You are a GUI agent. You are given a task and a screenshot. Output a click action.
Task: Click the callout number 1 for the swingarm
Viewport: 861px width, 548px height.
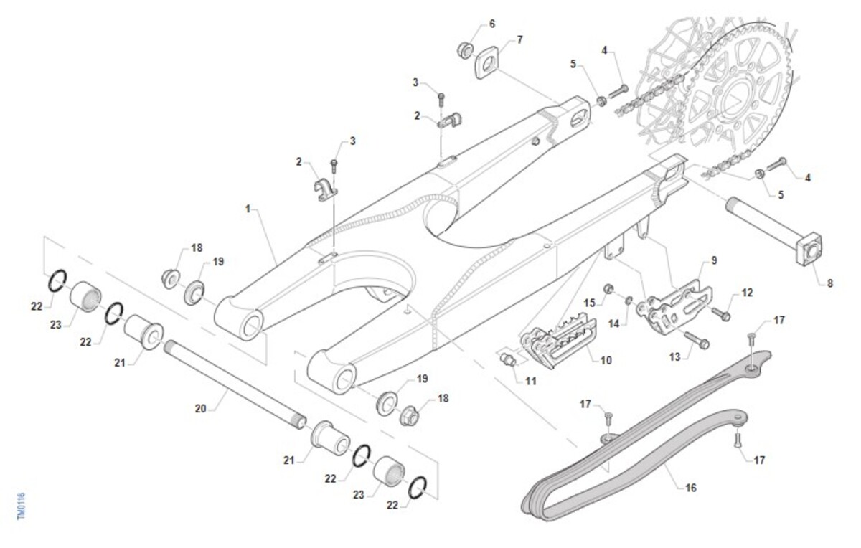pos(248,209)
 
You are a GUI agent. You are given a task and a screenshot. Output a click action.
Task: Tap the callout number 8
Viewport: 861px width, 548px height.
pos(830,283)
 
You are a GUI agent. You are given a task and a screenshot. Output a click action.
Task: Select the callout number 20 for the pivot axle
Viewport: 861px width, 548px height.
pos(201,409)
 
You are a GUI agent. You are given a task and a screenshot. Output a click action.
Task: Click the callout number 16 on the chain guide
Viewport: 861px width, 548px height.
pos(691,488)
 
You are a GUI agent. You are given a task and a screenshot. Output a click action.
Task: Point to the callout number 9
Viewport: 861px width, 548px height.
pos(714,260)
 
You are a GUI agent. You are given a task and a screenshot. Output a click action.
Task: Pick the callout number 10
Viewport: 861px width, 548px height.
pos(606,360)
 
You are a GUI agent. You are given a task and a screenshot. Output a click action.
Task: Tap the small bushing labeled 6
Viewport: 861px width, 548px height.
pos(466,51)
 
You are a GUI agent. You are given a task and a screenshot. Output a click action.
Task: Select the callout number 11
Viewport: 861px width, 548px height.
pos(530,381)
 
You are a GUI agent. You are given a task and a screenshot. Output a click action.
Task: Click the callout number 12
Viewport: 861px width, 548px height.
pos(748,293)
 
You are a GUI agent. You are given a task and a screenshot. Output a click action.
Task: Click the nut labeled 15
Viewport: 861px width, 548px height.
pos(608,290)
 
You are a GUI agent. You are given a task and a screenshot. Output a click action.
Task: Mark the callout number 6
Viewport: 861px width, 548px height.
pos(491,24)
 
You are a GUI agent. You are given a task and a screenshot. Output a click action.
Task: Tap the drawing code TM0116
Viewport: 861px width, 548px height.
pos(21,506)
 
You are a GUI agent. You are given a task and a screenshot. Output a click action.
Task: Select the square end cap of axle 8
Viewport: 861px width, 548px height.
pos(809,251)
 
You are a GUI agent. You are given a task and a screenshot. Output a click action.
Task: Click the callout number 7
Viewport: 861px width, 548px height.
pos(519,39)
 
